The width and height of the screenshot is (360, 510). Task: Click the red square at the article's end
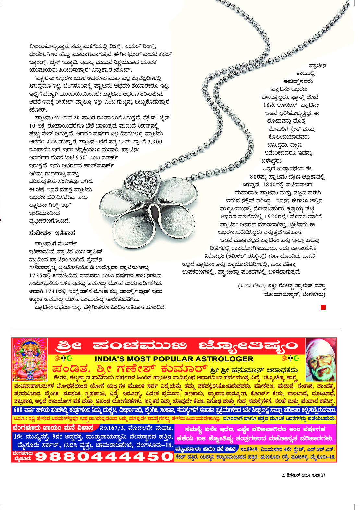323,307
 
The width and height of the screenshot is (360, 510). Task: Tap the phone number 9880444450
104,456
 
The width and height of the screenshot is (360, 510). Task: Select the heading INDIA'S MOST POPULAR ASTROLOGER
174,359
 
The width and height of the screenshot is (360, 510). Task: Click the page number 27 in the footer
323,475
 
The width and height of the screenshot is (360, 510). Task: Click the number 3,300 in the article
155,142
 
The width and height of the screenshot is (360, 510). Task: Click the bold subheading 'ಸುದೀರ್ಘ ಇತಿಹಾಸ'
52,233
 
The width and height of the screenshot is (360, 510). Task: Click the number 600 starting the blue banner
18,410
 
